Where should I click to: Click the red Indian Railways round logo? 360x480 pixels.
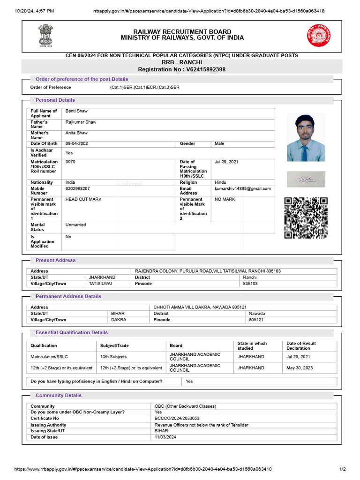pyautogui.click(x=318, y=35)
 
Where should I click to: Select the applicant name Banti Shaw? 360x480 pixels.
pyautogui.click(x=76, y=111)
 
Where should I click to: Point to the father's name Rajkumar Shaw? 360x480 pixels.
pyautogui.click(x=81, y=122)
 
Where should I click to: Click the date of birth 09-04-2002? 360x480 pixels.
pyautogui.click(x=77, y=143)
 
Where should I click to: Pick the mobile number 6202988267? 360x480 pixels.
pyautogui.click(x=78, y=188)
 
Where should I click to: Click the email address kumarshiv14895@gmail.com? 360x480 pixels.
pyautogui.click(x=242, y=188)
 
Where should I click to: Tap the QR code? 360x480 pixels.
pyautogui.click(x=306, y=218)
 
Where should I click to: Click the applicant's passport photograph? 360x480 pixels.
pyautogui.click(x=306, y=138)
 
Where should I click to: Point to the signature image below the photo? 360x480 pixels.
pyautogui.click(x=306, y=179)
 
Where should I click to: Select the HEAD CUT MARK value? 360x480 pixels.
pyautogui.click(x=83, y=199)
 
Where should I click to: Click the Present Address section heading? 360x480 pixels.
pyautogui.click(x=55, y=260)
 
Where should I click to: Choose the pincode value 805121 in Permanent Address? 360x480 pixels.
pyautogui.click(x=256, y=320)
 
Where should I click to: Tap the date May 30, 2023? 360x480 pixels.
pyautogui.click(x=300, y=368)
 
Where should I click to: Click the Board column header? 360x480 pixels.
pyautogui.click(x=176, y=345)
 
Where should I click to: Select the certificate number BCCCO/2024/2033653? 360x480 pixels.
pyautogui.click(x=177, y=418)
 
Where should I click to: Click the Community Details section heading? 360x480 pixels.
pyautogui.click(x=58, y=395)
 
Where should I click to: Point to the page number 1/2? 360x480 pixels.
pyautogui.click(x=342, y=469)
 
